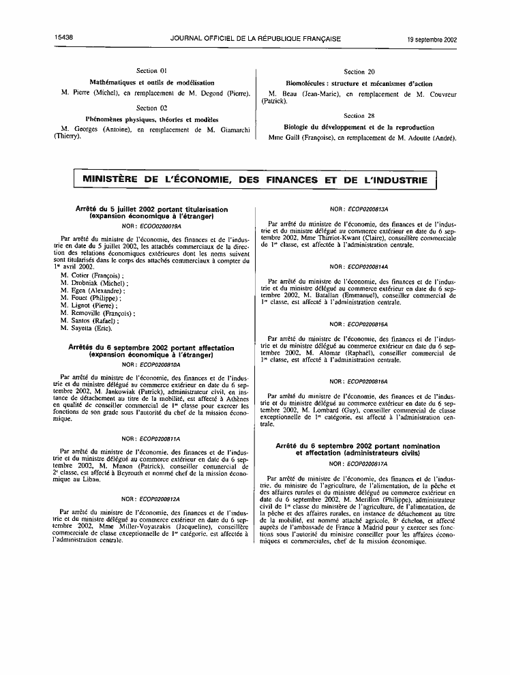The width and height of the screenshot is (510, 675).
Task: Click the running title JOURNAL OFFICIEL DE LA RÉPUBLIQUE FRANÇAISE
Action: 255,39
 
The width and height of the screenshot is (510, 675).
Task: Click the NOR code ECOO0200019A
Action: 151,224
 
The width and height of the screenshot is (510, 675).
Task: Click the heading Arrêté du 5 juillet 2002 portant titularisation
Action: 152,209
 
